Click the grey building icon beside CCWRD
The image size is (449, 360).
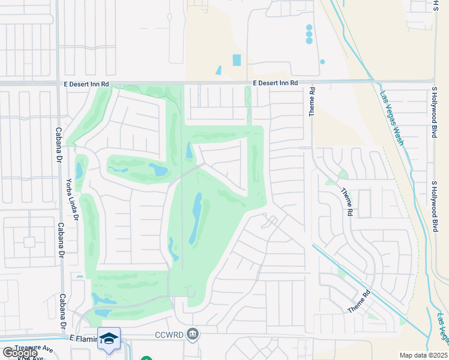pyautogui.click(x=192, y=334)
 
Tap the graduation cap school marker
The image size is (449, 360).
pyautogui.click(x=109, y=339)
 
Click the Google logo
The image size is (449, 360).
pyautogui.click(x=19, y=353)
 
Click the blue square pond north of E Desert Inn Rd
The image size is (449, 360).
pyautogui.click(x=237, y=60)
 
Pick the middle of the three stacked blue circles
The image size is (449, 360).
pyautogui.click(x=309, y=34)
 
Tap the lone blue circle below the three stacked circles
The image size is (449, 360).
pyautogui.click(x=322, y=62)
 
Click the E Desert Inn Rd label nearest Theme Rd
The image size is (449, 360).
pyautogui.click(x=276, y=84)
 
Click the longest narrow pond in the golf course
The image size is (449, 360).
pyautogui.click(x=196, y=218)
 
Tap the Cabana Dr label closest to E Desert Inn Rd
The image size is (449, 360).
pyautogui.click(x=59, y=127)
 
